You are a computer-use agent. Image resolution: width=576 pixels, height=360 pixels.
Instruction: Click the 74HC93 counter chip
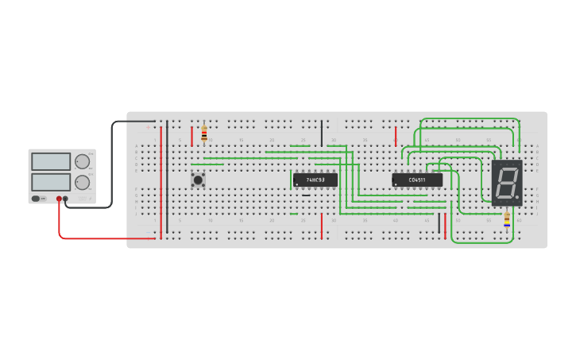point(315,180)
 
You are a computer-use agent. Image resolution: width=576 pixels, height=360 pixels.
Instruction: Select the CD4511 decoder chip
point(416,180)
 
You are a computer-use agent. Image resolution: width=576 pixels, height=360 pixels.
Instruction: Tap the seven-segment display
point(507,183)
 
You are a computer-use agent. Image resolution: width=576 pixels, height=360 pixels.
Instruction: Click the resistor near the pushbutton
point(204,133)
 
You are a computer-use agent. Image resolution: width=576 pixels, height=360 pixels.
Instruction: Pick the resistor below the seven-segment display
point(507,219)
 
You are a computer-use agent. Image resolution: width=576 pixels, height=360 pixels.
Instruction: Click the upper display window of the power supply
point(51,161)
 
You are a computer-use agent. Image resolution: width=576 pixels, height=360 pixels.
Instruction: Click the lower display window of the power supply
point(51,182)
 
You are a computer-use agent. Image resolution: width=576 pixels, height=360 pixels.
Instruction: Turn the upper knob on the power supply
point(82,161)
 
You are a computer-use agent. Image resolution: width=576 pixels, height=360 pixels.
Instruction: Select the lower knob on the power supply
point(82,182)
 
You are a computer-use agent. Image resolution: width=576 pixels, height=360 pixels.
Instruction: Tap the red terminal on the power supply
point(59,199)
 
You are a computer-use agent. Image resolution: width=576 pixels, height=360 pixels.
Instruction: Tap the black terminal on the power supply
point(65,199)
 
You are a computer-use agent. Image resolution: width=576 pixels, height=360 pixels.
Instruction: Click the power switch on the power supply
point(37,198)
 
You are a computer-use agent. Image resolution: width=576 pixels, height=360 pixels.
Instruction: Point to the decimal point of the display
point(517,197)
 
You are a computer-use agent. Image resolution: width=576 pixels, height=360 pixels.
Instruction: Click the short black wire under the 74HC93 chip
point(306,195)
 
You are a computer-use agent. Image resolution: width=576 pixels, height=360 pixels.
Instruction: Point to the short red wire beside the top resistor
point(191,135)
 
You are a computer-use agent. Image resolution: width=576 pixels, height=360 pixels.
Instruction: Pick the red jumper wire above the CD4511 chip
point(396,135)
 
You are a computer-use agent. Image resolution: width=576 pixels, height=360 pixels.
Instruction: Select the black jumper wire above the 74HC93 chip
point(322,133)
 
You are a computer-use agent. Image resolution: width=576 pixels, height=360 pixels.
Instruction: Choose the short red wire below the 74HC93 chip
point(321,226)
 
